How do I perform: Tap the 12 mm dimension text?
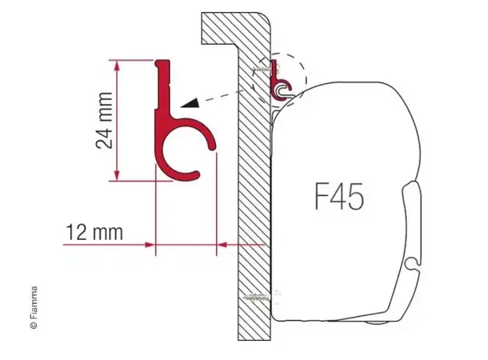(x=95, y=233)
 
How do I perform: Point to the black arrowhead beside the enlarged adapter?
(x=190, y=102)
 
